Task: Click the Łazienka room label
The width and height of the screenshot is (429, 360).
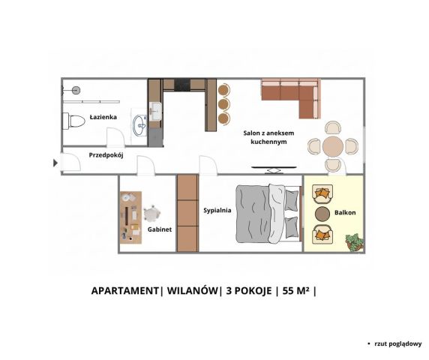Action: pyautogui.click(x=103, y=117)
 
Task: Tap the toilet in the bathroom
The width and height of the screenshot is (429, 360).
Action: pyautogui.click(x=73, y=121)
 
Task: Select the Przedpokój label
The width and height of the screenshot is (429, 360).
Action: pyautogui.click(x=106, y=155)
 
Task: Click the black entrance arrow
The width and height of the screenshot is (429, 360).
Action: pyautogui.click(x=55, y=163)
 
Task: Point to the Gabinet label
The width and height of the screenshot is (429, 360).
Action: pyautogui.click(x=160, y=229)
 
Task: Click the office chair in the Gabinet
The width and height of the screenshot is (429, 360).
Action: pyautogui.click(x=151, y=214)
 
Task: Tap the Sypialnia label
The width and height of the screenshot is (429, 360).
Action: pyautogui.click(x=217, y=210)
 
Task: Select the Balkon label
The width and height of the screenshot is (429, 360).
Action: pyautogui.click(x=345, y=212)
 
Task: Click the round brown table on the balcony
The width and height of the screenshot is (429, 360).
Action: pyautogui.click(x=322, y=214)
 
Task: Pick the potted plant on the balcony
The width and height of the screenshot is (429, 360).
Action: pyautogui.click(x=355, y=242)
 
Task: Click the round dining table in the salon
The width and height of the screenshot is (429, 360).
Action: pyautogui.click(x=333, y=146)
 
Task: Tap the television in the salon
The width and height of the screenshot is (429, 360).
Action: pyautogui.click(x=274, y=169)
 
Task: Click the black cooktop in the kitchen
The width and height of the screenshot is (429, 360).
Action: pyautogui.click(x=182, y=84)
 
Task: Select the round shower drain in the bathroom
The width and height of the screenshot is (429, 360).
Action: pyautogui.click(x=76, y=90)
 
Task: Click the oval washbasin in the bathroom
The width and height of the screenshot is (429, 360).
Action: pyautogui.click(x=140, y=125)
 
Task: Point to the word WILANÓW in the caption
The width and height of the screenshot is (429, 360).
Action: pyautogui.click(x=193, y=290)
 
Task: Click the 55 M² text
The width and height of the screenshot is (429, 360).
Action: pyautogui.click(x=296, y=290)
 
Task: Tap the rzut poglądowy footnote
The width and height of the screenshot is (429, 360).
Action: pyautogui.click(x=398, y=343)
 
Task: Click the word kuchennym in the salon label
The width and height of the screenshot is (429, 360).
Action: pyautogui.click(x=268, y=142)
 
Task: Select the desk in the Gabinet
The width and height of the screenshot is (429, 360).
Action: pyautogui.click(x=131, y=217)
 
